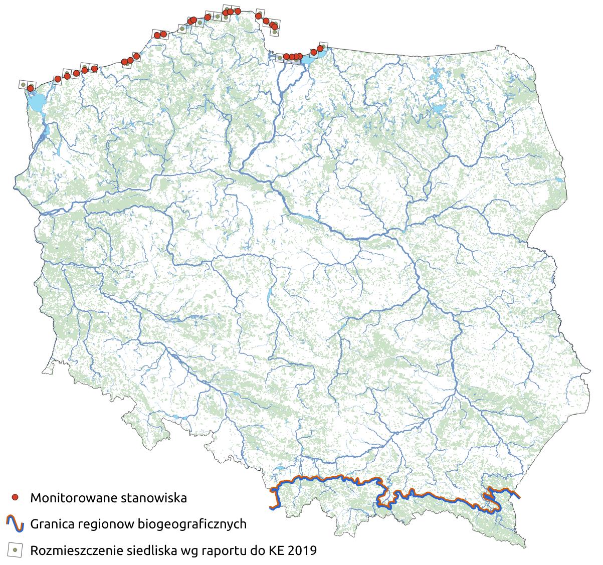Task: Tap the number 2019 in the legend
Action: click(302, 551)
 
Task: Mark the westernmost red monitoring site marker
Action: click(30, 88)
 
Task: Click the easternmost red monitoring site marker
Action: click(320, 49)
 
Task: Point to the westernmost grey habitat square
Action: click(23, 84)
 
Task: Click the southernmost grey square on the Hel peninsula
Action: click(275, 32)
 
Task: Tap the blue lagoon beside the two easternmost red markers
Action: click(308, 60)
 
